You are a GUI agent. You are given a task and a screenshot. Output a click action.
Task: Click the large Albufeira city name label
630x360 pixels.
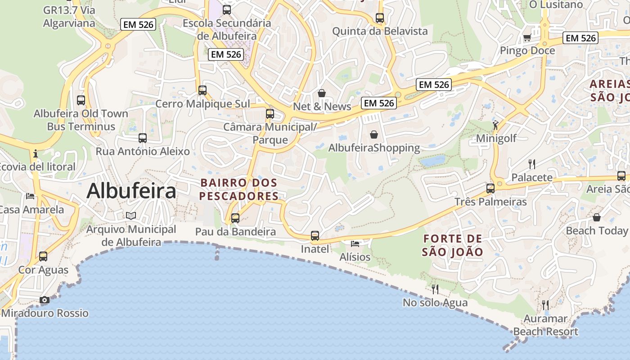pos(131,191)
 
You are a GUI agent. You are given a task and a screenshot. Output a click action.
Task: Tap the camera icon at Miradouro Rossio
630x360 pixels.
pos(45,300)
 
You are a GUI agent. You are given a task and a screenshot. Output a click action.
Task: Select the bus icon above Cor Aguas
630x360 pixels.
pos(43,256)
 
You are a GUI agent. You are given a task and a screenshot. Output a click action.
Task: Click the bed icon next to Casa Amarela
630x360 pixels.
pos(30,196)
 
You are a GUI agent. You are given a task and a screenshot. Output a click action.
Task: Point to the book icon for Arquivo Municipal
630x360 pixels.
pos(131,216)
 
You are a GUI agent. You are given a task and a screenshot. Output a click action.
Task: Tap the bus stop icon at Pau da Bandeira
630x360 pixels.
pos(235,218)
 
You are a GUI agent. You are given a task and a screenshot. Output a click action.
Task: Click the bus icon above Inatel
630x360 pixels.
pos(315,235)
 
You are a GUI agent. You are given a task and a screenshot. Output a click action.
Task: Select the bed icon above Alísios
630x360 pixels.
pos(355,243)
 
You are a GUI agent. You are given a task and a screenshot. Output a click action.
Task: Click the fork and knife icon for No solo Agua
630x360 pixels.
pos(435,289)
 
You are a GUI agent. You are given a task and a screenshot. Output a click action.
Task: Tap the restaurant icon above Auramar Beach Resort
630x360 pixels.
pos(545,305)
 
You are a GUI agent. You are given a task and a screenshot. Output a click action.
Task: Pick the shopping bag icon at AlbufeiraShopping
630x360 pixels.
pos(374,135)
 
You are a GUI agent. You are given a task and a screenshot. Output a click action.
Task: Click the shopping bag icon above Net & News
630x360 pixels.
pos(322,93)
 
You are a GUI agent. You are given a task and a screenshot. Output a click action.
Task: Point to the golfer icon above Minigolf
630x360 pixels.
pos(496,125)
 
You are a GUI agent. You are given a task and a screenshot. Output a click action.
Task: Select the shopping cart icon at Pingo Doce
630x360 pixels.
pos(527,37)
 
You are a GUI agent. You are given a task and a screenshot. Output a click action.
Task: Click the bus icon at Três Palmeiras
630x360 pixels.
pos(490,188)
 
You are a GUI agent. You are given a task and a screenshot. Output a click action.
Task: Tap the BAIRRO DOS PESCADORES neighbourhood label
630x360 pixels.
pos(239,189)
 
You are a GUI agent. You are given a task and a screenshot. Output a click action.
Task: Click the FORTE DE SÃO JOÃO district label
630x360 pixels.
pos(452,245)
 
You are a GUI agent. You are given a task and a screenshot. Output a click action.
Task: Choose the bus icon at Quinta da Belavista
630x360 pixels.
pos(380,18)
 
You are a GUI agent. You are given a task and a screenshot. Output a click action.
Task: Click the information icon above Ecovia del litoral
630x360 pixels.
pos(36,154)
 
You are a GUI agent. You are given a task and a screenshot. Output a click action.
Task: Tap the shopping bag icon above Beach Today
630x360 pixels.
pos(597,218)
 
